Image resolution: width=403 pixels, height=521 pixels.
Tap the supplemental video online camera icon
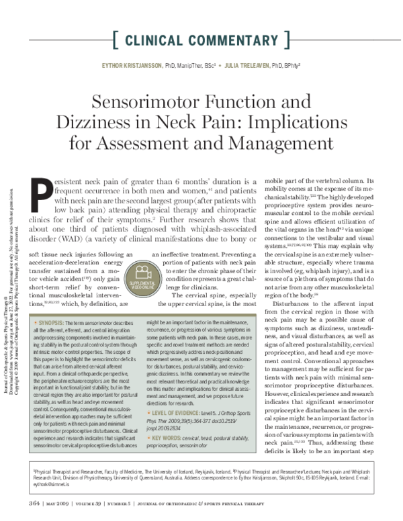pyautogui.click(x=141, y=275)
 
